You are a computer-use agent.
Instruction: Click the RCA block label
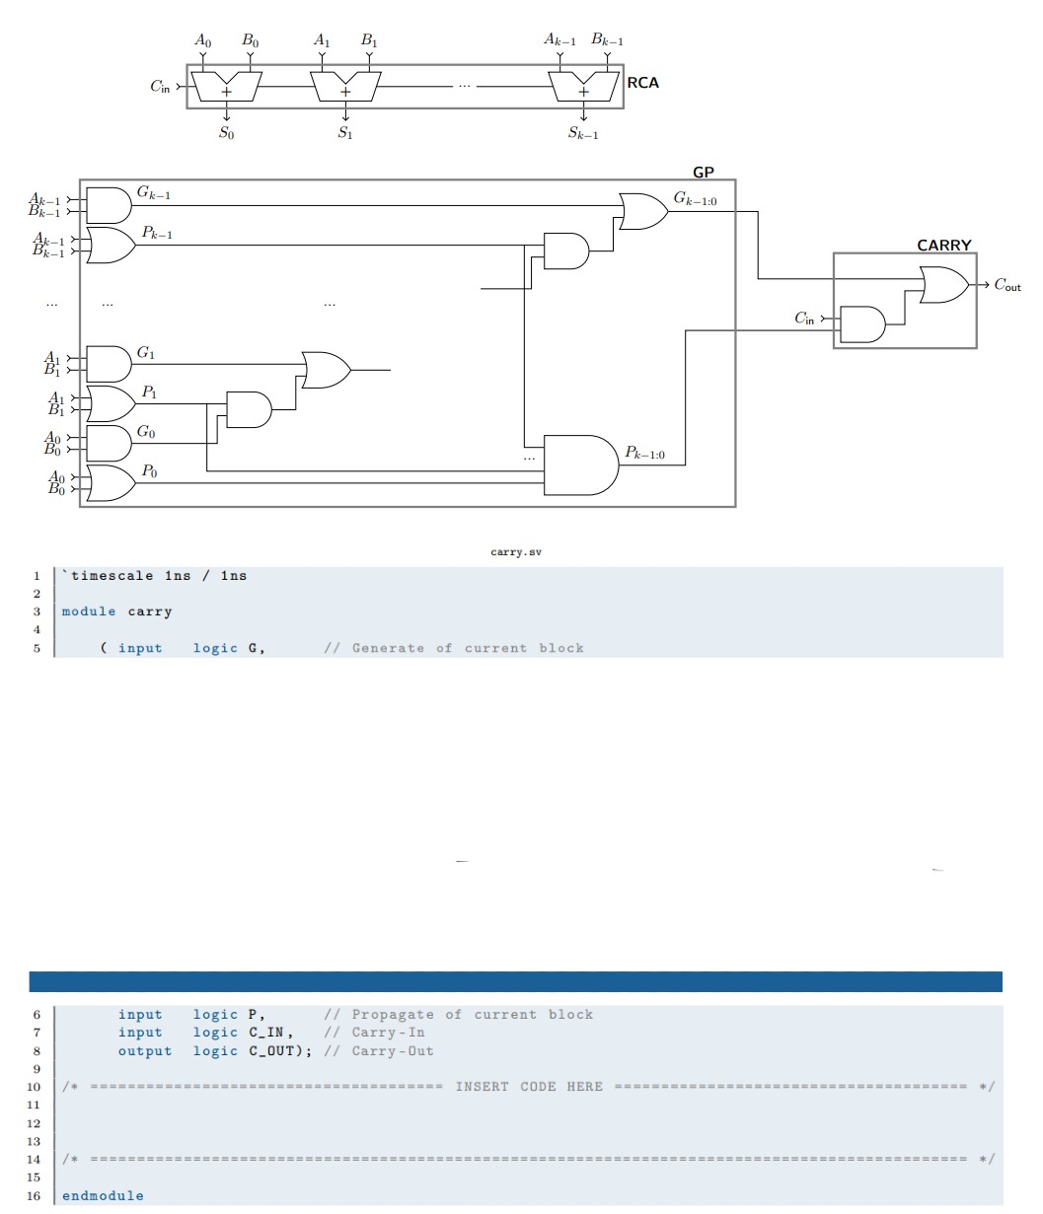[x=642, y=83]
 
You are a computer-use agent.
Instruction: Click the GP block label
[x=703, y=172]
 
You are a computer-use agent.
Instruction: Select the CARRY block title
[x=943, y=245]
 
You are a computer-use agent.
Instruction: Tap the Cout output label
[x=1006, y=285]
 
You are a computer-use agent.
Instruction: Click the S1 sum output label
[x=344, y=133]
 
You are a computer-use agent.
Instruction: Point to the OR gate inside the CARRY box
[x=942, y=285]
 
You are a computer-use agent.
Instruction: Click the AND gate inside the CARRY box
[x=861, y=323]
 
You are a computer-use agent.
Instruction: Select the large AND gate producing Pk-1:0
[x=580, y=464]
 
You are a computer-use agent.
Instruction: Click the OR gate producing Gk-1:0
[x=642, y=211]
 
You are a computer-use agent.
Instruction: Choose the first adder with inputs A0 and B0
[x=226, y=88]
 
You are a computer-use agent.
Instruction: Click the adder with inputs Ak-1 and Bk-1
[x=583, y=88]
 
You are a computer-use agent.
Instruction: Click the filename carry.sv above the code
[x=516, y=552]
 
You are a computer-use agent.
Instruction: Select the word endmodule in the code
[x=103, y=1195]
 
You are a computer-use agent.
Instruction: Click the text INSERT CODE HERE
[x=529, y=1087]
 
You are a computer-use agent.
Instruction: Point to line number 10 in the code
[x=34, y=1087]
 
